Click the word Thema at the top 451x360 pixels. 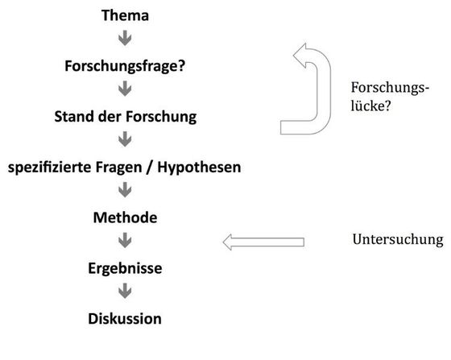coord(125,15)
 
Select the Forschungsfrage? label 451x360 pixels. coord(125,66)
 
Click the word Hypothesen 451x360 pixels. coord(199,168)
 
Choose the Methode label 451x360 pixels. coord(125,217)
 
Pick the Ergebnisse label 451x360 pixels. coord(125,268)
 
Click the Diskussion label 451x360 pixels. coord(125,319)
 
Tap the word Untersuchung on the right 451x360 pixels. coord(398,239)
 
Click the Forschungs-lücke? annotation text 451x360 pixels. coord(390,97)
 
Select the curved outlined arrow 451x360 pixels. coord(324,89)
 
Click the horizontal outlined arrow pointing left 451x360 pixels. coord(263,242)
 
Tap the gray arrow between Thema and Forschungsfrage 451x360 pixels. coord(125,38)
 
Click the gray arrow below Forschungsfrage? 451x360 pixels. coord(125,89)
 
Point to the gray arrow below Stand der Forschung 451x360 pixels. coord(125,139)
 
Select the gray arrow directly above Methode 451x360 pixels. coord(125,190)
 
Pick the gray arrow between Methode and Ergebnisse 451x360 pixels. coord(125,240)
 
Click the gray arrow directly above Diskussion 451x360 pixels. coord(125,291)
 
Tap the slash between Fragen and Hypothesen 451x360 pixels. coord(149,168)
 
